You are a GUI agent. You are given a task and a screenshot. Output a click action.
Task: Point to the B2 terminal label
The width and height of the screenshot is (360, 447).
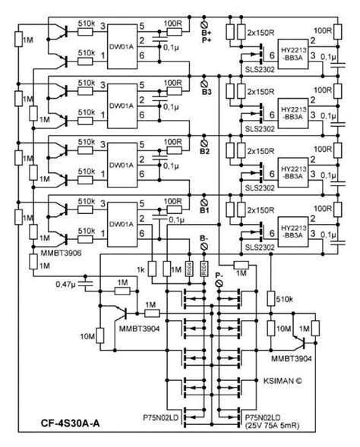(x=205, y=152)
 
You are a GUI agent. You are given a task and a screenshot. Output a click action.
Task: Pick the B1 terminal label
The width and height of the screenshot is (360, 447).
(x=205, y=212)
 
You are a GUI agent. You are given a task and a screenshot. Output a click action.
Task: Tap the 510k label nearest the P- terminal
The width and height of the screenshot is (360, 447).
(x=295, y=298)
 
